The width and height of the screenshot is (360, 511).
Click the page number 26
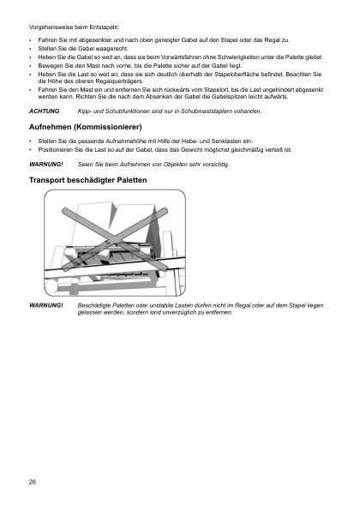[x=33, y=482]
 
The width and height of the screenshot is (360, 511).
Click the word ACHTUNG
[x=44, y=112]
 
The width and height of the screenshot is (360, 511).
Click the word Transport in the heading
[x=53, y=182]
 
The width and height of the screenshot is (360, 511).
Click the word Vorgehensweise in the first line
[x=51, y=28]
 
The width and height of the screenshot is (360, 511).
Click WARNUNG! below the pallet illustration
[x=46, y=305]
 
